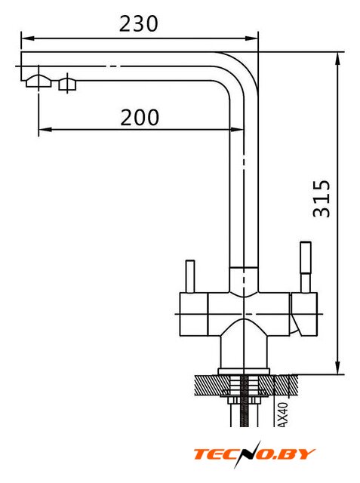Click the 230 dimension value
139,23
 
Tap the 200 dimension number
140,118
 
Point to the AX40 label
283,414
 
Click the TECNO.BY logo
254,454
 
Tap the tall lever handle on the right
306,267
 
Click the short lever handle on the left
190,277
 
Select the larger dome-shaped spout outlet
38,81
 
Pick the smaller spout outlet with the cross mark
67,85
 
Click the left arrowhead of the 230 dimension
27,38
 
